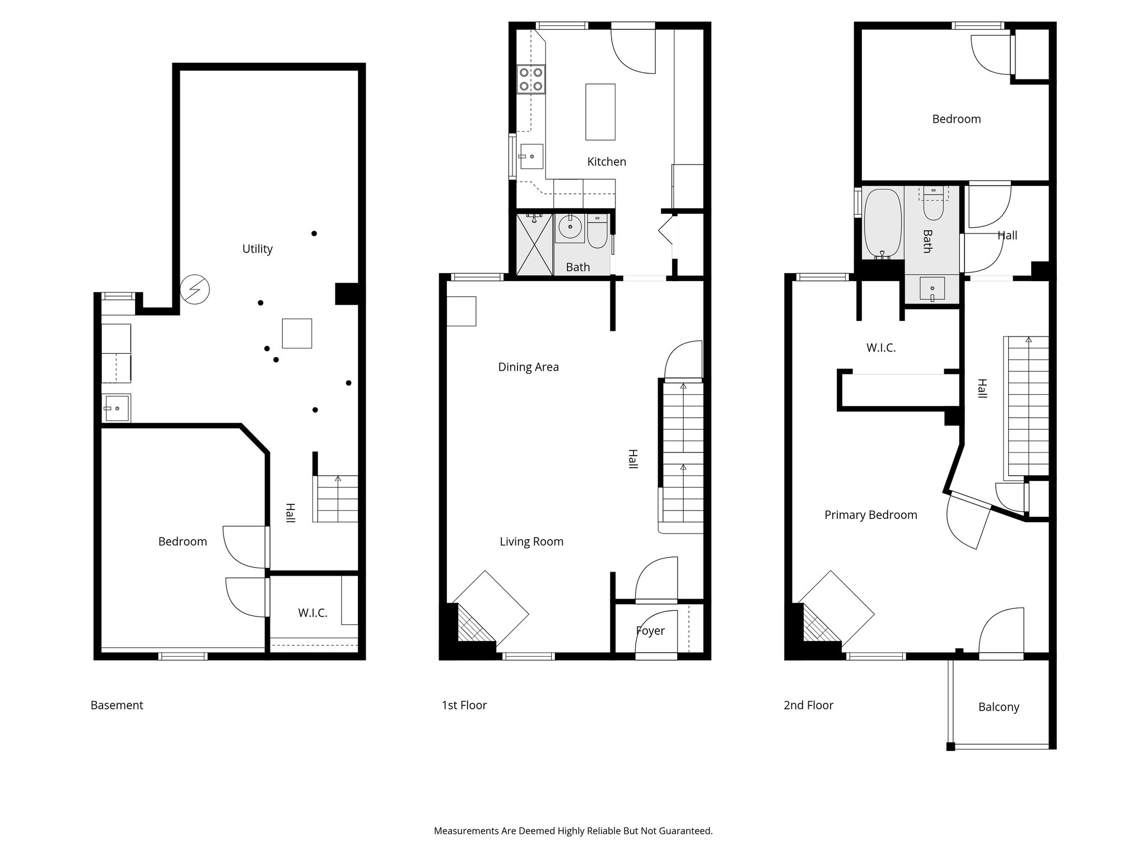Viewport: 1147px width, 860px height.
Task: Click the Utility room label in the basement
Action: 257,249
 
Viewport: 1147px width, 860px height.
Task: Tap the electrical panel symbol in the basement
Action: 194,289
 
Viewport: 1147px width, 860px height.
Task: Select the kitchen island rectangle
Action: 600,111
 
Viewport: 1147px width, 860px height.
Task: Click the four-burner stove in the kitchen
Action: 531,79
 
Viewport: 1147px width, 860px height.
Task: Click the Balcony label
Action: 998,707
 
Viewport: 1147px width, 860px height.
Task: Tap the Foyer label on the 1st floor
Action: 650,631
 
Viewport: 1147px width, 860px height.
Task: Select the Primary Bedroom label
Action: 870,515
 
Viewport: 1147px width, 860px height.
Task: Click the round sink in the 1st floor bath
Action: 570,227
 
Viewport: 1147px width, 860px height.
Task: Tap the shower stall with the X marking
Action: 534,244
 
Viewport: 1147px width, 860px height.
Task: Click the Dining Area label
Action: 528,367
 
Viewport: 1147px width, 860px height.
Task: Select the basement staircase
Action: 336,498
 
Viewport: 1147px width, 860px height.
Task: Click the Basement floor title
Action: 116,705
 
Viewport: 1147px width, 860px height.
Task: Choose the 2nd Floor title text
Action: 808,705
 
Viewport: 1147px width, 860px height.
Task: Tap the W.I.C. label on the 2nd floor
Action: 880,348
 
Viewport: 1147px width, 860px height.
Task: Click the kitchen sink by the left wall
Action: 531,156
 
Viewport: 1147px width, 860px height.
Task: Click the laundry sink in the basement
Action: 116,408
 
